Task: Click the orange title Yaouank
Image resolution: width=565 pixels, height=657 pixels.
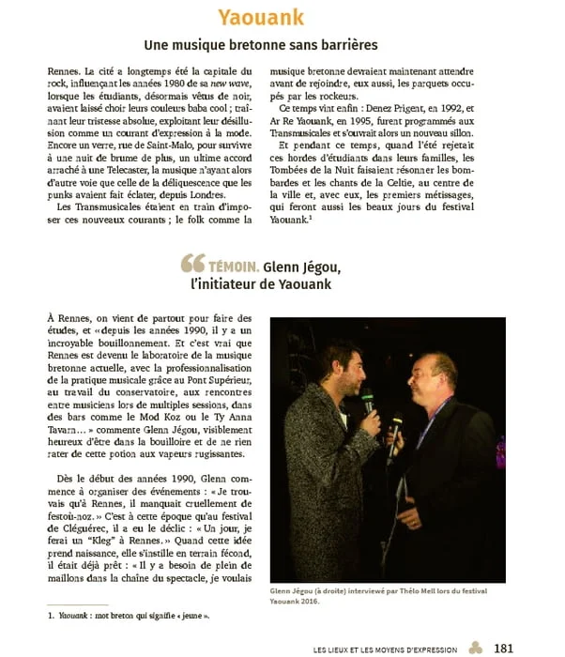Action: tap(282, 17)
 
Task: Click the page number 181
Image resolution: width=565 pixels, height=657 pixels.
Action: tap(504, 648)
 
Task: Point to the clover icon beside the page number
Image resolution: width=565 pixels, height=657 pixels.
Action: tap(476, 648)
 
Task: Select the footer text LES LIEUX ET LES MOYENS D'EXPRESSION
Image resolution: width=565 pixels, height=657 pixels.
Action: tap(385, 649)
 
